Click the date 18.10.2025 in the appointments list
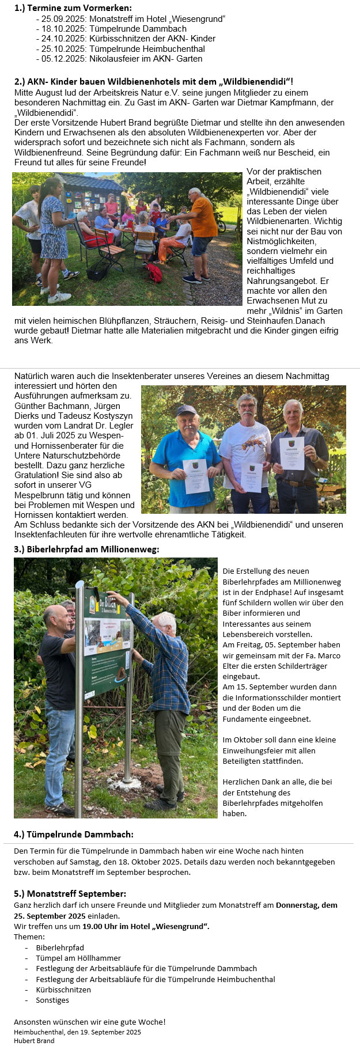(63, 29)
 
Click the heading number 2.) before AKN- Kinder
(20, 82)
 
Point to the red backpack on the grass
(154, 272)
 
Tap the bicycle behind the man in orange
(220, 222)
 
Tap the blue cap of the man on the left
(186, 410)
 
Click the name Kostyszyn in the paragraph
(112, 415)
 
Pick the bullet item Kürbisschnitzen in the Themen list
(63, 990)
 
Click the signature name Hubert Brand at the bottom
(34, 1040)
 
